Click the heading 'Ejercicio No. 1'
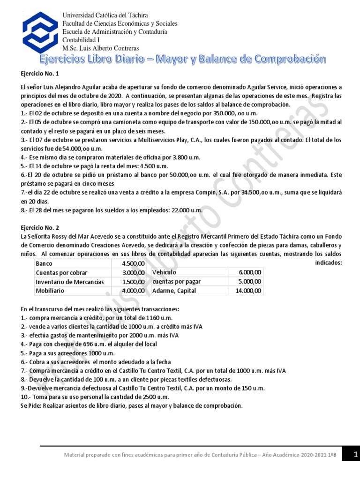(41, 74)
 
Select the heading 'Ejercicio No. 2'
(41, 228)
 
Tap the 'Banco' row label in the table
(45, 263)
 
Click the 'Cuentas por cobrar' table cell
(61, 272)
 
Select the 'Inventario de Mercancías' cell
(70, 282)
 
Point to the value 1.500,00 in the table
(133, 282)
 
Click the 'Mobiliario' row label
(50, 291)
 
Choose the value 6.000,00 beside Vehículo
(250, 272)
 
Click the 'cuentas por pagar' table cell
(176, 281)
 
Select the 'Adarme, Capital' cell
(174, 291)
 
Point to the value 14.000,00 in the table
(248, 291)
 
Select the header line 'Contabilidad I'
(84, 40)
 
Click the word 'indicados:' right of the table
(328, 263)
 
